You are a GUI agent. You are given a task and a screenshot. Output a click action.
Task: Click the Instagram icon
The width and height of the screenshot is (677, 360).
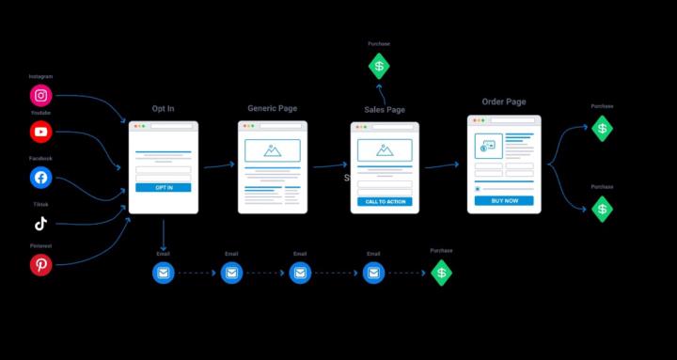tap(40, 95)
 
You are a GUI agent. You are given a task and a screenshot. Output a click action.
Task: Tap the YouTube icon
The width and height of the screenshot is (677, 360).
tap(40, 133)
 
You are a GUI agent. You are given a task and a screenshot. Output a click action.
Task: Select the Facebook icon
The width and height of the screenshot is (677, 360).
tap(40, 178)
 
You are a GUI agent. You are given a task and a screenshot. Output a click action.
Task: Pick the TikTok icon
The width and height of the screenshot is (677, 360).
tap(40, 224)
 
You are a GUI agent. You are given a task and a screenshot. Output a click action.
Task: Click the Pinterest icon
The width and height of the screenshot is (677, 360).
tap(40, 266)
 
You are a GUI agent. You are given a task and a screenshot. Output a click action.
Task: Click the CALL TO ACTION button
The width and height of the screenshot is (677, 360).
tap(385, 202)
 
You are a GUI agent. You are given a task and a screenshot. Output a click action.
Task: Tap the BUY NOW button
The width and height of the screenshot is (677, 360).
tap(504, 201)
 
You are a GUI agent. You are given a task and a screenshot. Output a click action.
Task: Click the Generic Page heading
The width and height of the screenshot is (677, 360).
tap(272, 108)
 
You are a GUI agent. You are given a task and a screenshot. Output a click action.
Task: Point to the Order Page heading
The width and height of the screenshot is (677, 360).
tap(504, 102)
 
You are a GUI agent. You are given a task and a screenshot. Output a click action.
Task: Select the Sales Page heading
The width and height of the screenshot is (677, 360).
tap(385, 110)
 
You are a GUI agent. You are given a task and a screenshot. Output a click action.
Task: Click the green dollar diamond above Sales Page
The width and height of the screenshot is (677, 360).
tap(379, 66)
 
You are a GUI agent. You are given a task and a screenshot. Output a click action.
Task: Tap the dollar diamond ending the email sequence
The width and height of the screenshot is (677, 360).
tap(441, 274)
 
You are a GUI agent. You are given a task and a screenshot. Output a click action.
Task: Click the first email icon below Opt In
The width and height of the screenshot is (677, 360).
tap(164, 274)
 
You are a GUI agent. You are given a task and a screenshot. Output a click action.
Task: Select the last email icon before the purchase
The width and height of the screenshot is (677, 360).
tap(374, 274)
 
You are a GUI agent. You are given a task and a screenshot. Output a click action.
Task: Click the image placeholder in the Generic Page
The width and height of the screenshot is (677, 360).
tap(272, 150)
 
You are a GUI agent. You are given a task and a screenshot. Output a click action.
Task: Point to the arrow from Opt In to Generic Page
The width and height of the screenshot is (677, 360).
tap(218, 165)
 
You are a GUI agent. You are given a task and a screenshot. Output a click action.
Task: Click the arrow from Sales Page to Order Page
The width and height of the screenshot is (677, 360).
tap(441, 165)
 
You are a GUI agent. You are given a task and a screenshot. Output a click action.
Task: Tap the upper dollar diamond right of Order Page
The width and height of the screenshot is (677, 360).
tap(602, 129)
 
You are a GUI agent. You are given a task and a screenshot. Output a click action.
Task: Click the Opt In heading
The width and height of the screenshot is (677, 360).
tap(163, 109)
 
